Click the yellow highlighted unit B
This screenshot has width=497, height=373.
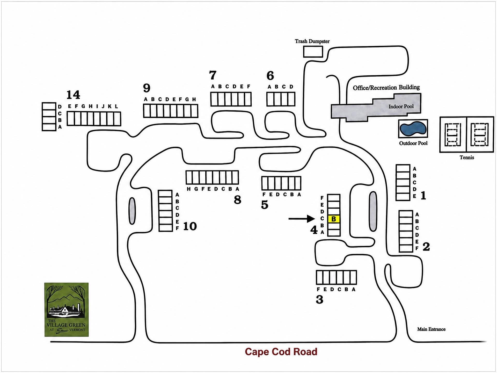pyautogui.click(x=334, y=219)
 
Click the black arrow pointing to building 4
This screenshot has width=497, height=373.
pyautogui.click(x=302, y=219)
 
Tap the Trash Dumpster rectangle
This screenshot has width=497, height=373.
pyautogui.click(x=313, y=51)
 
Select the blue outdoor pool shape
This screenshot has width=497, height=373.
pyautogui.click(x=413, y=128)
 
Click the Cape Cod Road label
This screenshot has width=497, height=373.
pyautogui.click(x=281, y=352)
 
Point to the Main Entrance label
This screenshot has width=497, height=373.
pyautogui.click(x=431, y=329)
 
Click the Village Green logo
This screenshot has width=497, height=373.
pyautogui.click(x=67, y=310)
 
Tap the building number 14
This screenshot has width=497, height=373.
pyautogui.click(x=73, y=95)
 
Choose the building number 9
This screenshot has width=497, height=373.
pyautogui.click(x=147, y=88)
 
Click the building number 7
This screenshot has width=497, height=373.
pyautogui.click(x=213, y=75)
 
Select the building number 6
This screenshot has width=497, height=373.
pyautogui.click(x=270, y=76)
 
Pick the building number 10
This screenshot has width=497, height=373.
pyautogui.click(x=190, y=226)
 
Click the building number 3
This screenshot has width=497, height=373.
pyautogui.click(x=320, y=299)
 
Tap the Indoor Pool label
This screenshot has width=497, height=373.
pyautogui.click(x=401, y=106)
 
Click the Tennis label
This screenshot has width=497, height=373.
pyautogui.click(x=467, y=157)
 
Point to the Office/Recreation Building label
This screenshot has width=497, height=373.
pyautogui.click(x=386, y=88)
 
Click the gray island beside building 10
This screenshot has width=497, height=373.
pyautogui.click(x=132, y=211)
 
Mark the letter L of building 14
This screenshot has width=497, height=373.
pyautogui.click(x=116, y=106)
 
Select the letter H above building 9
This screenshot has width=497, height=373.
pyautogui.click(x=194, y=99)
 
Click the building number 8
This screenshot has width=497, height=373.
pyautogui.click(x=237, y=200)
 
